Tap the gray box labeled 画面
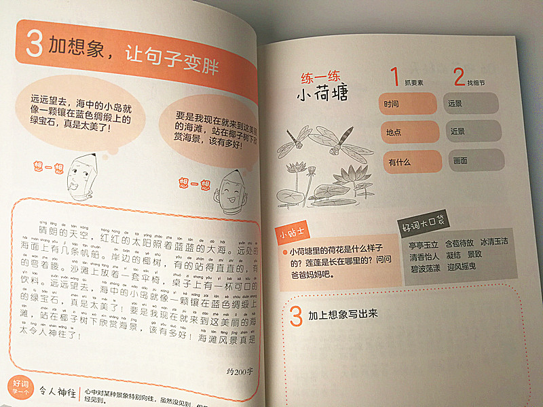click(x=475, y=161)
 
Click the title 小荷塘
click(x=322, y=94)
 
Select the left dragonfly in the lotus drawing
click(x=290, y=140)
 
